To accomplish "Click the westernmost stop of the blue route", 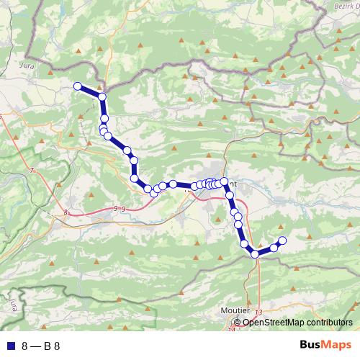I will [x=77, y=86].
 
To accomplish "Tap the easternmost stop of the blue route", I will [x=282, y=240].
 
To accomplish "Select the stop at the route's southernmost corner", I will [x=255, y=253].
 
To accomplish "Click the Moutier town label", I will [x=235, y=312].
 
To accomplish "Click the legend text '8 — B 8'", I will [x=41, y=346].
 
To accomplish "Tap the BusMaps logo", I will [x=326, y=345].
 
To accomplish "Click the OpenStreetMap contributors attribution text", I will [x=298, y=323].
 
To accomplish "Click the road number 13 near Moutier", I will [x=258, y=310].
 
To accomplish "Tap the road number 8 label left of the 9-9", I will [x=66, y=212].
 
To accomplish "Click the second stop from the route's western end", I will [x=102, y=96].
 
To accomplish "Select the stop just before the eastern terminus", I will [x=274, y=247].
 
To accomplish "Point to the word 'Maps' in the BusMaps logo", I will [x=338, y=345].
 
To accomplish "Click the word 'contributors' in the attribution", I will [x=328, y=323].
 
